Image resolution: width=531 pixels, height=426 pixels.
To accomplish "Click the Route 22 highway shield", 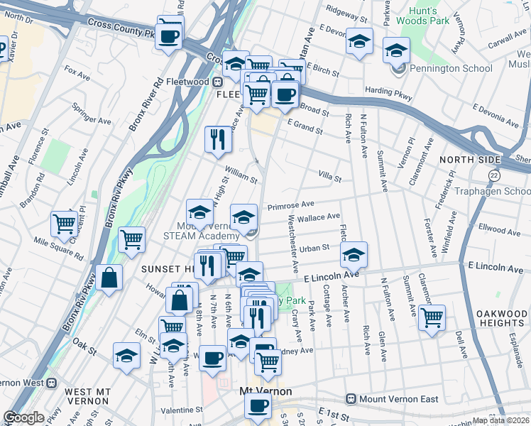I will click(494, 174).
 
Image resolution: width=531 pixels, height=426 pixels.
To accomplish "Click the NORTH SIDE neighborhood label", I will click(466, 160).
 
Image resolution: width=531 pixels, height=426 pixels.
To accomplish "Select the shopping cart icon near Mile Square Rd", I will click(65, 224).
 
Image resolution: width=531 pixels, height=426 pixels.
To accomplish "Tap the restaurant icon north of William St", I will click(218, 138).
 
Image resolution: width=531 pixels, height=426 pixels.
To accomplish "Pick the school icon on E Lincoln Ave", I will click(354, 254).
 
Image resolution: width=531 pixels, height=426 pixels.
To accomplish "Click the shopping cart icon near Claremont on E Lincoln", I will click(432, 317).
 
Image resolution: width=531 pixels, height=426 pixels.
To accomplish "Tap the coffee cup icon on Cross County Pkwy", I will click(169, 35).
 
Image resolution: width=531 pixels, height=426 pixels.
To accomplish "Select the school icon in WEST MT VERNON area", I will click(126, 354).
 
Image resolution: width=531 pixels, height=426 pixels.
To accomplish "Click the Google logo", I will click(23, 417).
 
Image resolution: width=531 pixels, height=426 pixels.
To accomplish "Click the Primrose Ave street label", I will click(286, 205).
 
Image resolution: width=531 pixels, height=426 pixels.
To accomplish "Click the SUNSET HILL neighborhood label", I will click(168, 269).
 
